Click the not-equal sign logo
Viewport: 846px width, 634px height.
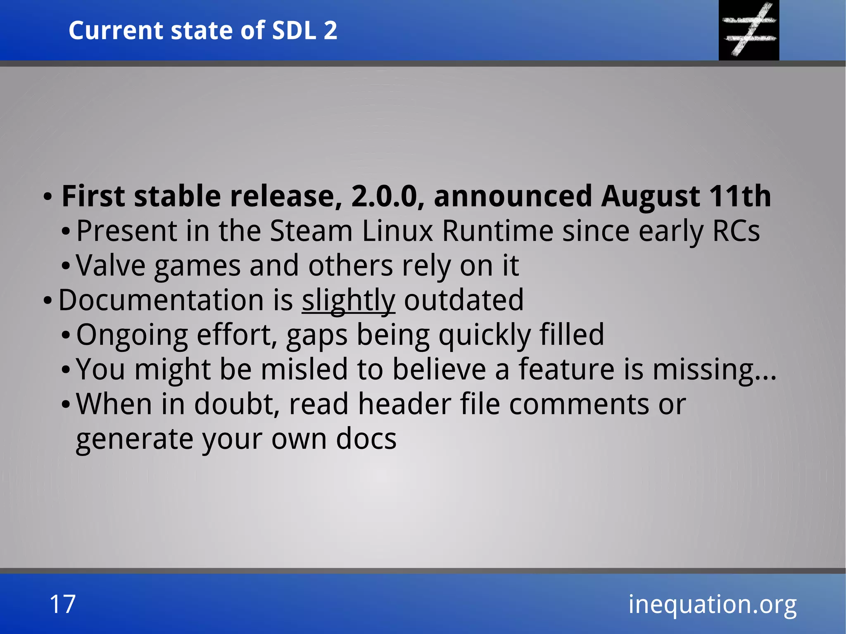pos(749,30)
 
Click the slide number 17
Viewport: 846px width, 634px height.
pos(62,604)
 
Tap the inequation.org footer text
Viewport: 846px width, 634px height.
pos(712,604)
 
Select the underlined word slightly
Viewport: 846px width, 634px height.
pos(348,300)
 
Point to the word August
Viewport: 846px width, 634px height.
pos(650,197)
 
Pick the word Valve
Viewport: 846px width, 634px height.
pos(111,265)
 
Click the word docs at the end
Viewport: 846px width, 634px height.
pos(366,439)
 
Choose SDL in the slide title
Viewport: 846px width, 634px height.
pos(294,30)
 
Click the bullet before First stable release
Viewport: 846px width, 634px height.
pos(48,197)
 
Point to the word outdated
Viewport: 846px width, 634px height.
pos(463,300)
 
